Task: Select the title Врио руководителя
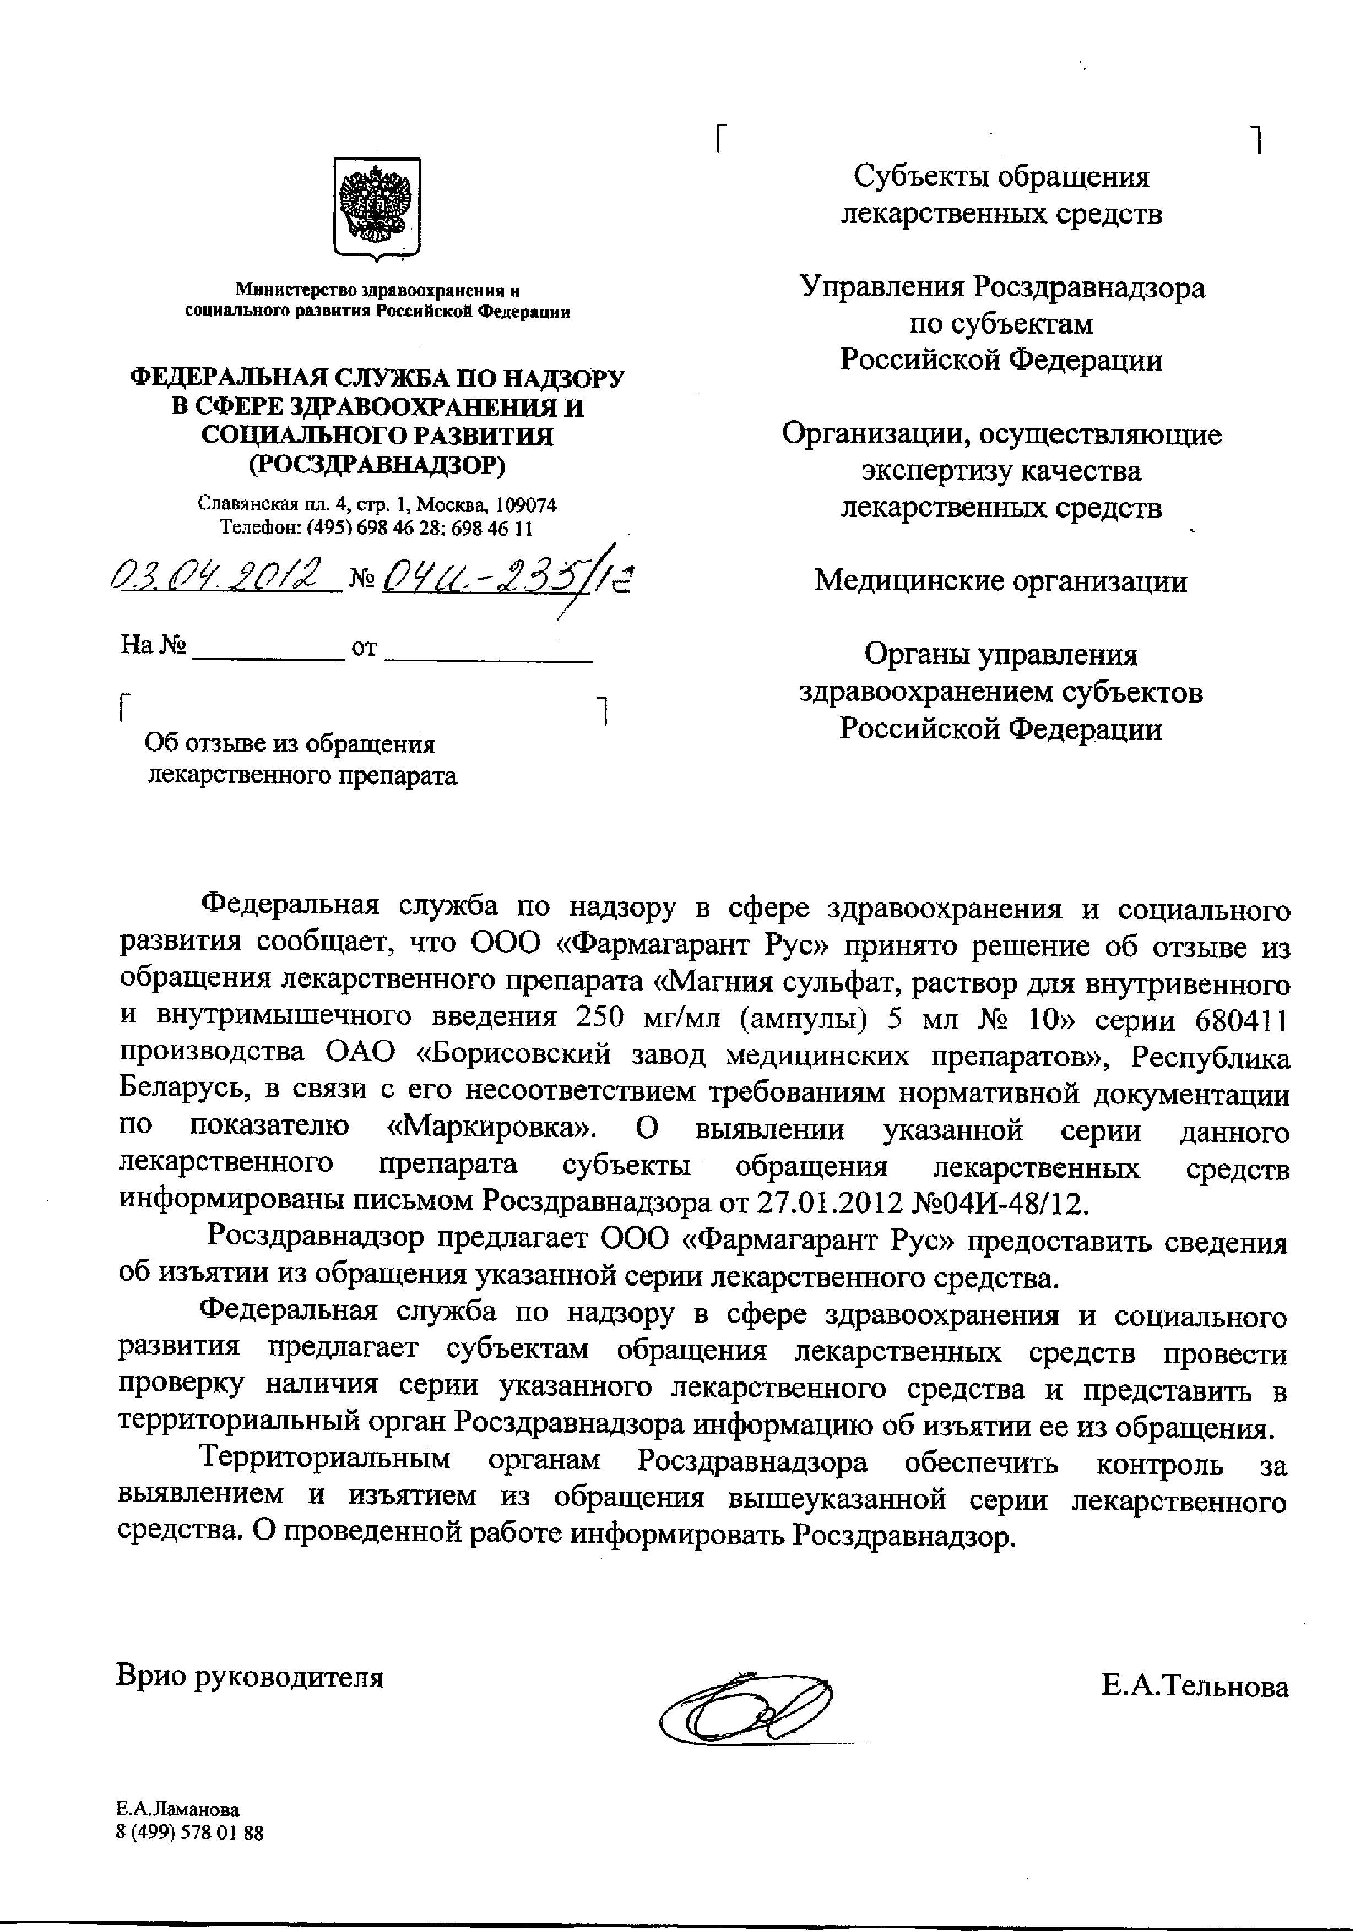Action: [250, 1676]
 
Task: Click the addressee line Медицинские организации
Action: [1001, 581]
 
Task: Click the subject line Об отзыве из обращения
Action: [290, 743]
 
